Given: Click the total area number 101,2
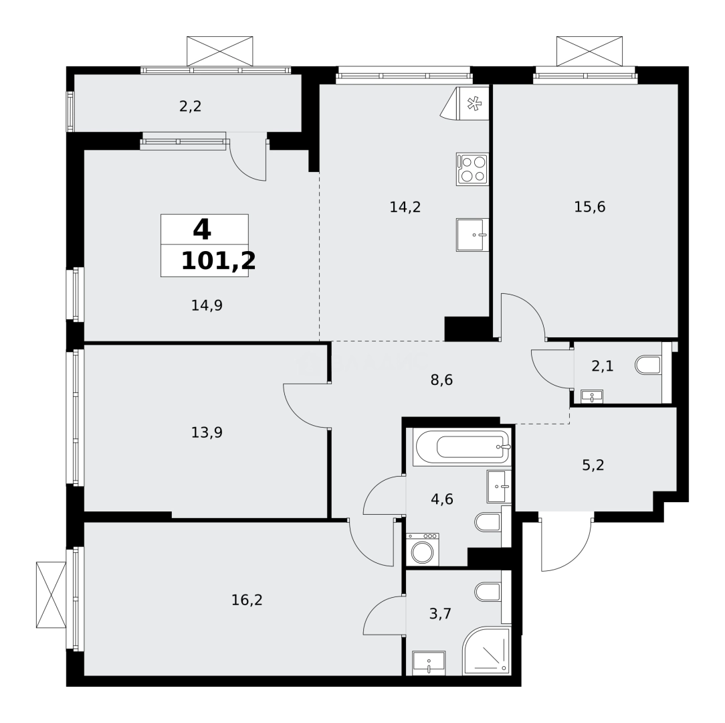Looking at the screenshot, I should (x=218, y=261).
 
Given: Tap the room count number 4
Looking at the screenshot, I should (x=202, y=230).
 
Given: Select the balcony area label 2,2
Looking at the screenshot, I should (x=191, y=106).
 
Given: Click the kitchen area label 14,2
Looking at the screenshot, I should (x=405, y=207).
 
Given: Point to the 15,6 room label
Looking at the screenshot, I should (x=589, y=207).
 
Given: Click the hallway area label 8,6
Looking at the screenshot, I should (x=441, y=380).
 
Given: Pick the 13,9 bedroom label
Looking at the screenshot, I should (x=207, y=432).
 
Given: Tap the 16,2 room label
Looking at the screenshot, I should (x=247, y=600).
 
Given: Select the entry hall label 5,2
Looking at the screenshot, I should (x=593, y=465).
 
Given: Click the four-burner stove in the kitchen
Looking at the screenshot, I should (x=472, y=169).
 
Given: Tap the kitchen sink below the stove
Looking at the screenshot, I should (x=472, y=234).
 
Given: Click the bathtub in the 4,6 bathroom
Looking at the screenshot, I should (x=461, y=446).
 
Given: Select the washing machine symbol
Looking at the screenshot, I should (x=423, y=550).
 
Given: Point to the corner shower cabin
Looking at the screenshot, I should (x=486, y=651).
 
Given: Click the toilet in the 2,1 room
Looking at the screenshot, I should (x=648, y=366).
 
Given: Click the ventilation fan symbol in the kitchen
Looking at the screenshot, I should (x=474, y=104).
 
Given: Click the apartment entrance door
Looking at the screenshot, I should (x=565, y=542).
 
